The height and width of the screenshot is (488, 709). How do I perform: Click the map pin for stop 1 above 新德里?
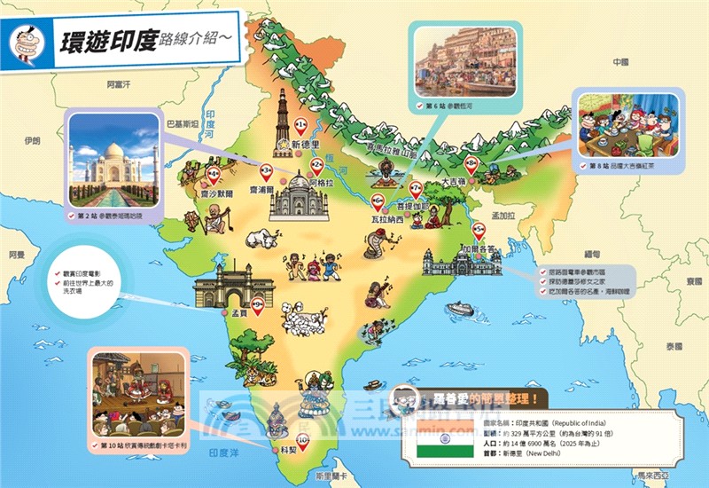[300, 123]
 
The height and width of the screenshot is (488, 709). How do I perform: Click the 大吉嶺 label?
[455, 182]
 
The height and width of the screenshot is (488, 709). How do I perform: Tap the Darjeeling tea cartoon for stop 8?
[626, 123]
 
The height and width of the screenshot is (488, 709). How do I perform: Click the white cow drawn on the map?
[261, 238]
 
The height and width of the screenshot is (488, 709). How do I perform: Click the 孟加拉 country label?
[503, 216]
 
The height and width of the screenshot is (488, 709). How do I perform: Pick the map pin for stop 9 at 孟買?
[257, 305]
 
